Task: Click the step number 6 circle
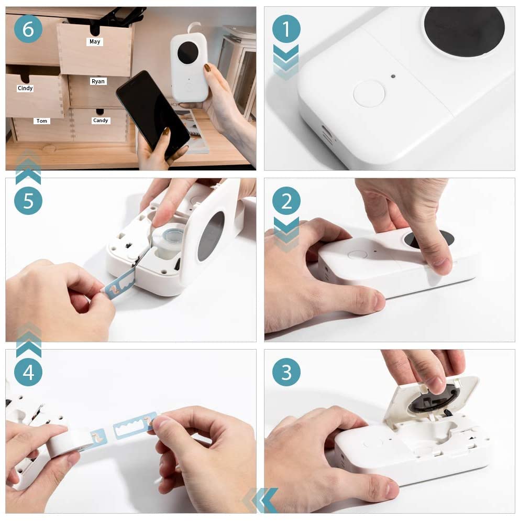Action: point(28,29)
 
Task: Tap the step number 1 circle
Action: point(286,29)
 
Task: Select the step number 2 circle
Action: point(286,201)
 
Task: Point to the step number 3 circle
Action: point(286,372)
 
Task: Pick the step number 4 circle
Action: point(28,372)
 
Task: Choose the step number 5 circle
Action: point(28,201)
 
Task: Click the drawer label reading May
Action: point(95,41)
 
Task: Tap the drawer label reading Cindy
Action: point(25,88)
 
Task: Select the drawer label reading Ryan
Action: point(98,81)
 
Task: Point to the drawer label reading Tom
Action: point(41,121)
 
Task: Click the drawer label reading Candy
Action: point(100,121)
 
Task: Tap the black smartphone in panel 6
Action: point(152,113)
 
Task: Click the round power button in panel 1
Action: point(369,94)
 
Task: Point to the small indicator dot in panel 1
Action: point(393,76)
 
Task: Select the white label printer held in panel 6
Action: point(189,67)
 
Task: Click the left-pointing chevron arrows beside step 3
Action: point(260,500)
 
